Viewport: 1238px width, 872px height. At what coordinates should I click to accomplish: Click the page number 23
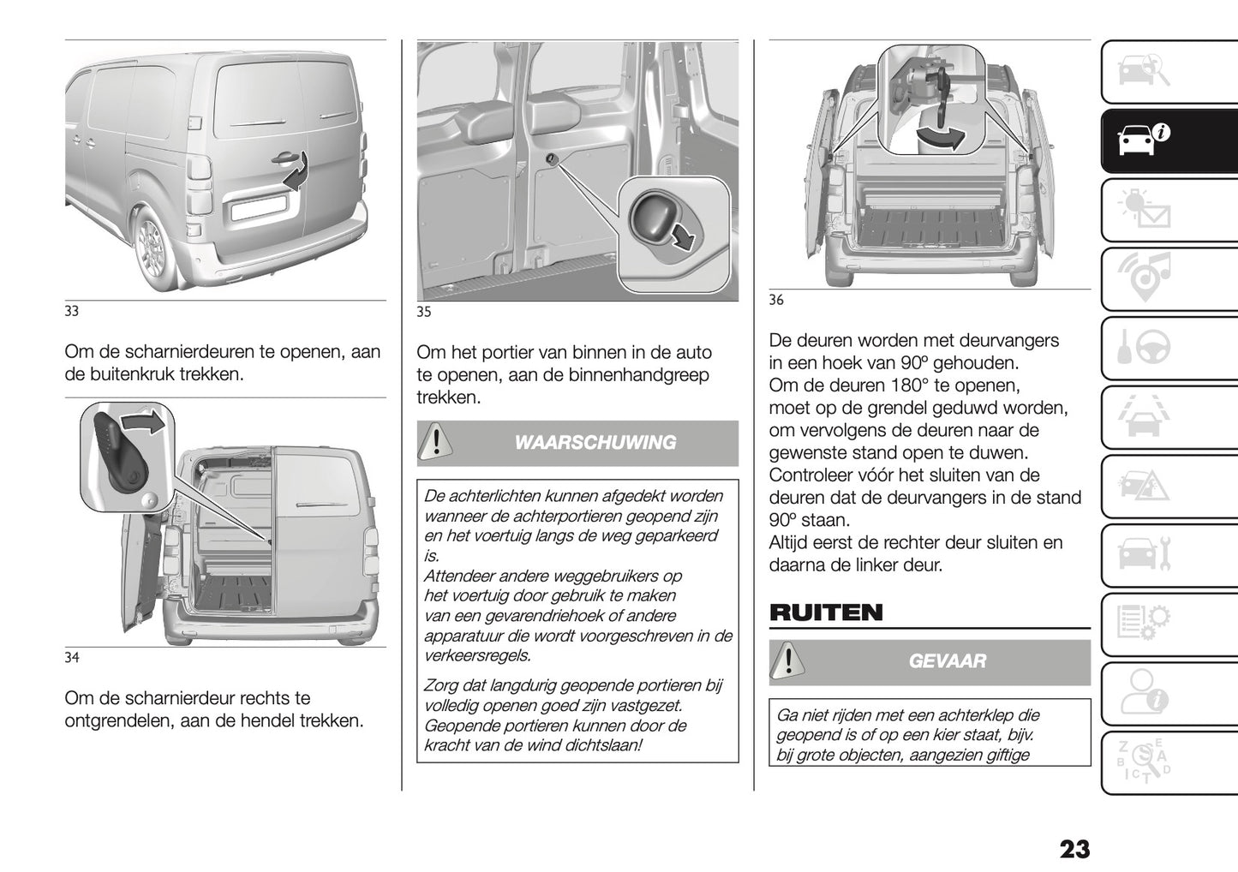(x=1074, y=849)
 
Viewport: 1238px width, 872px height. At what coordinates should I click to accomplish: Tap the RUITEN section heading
(x=826, y=612)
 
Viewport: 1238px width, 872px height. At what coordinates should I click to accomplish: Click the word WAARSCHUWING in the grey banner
(x=595, y=443)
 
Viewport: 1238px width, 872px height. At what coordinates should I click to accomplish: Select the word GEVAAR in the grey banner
(x=947, y=661)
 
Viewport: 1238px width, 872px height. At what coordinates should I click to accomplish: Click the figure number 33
(x=72, y=311)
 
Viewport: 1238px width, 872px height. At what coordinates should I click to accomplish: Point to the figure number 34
(x=72, y=657)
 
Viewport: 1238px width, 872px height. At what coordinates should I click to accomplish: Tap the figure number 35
(x=424, y=312)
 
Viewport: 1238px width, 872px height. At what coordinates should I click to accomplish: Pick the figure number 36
(x=776, y=300)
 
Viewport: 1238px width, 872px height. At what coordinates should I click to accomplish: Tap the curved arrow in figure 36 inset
(x=939, y=137)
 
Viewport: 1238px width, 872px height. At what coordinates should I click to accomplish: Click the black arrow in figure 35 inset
(x=684, y=236)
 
